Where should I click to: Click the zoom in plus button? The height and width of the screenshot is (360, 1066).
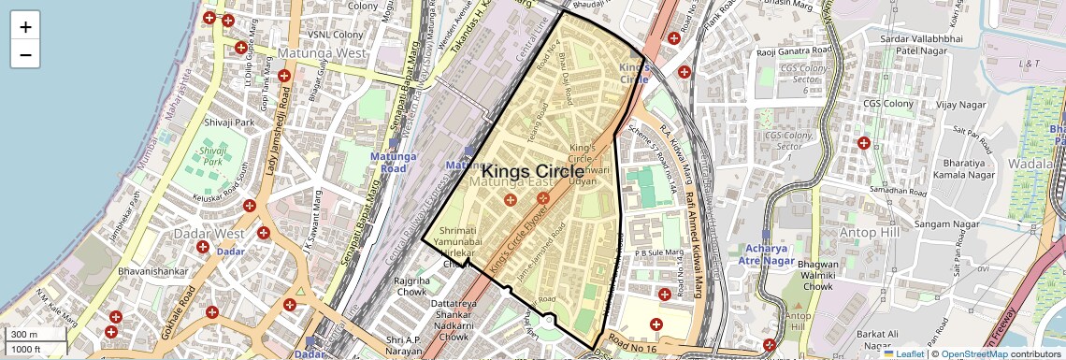(x=25, y=26)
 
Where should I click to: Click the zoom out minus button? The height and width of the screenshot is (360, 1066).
(x=25, y=54)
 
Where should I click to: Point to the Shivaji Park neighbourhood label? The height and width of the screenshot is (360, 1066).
(x=229, y=122)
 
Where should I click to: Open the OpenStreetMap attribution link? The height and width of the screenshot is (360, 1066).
(x=974, y=353)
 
